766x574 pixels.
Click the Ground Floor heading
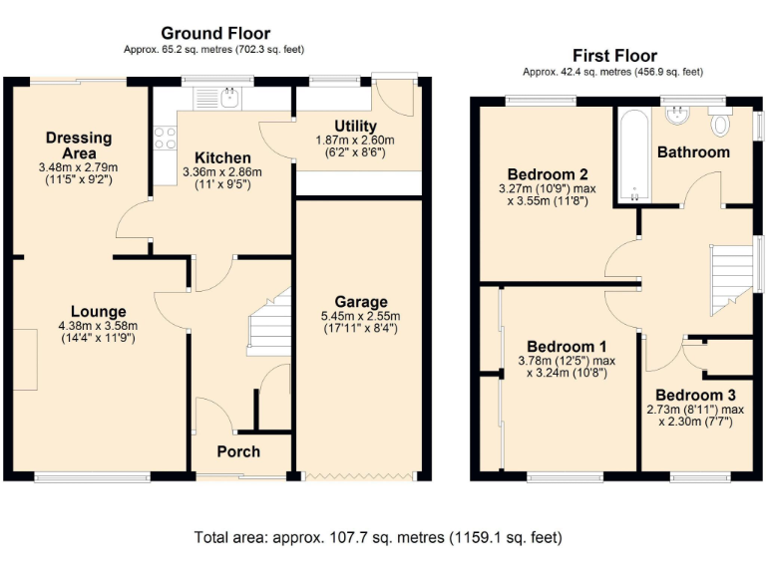pyautogui.click(x=215, y=33)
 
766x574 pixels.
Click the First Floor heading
pyautogui.click(x=614, y=56)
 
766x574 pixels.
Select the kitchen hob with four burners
pyautogui.click(x=164, y=139)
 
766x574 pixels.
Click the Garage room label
pyautogui.click(x=361, y=302)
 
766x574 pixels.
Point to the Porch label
pyautogui.click(x=238, y=451)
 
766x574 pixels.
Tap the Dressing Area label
pyautogui.click(x=78, y=145)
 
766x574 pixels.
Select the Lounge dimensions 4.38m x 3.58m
pyautogui.click(x=98, y=326)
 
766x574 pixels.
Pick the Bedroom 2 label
pyautogui.click(x=544, y=171)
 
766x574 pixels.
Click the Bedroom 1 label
pyautogui.click(x=566, y=346)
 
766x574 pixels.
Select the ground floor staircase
pyautogui.click(x=267, y=324)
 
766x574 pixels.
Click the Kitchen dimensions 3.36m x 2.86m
pyautogui.click(x=221, y=171)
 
